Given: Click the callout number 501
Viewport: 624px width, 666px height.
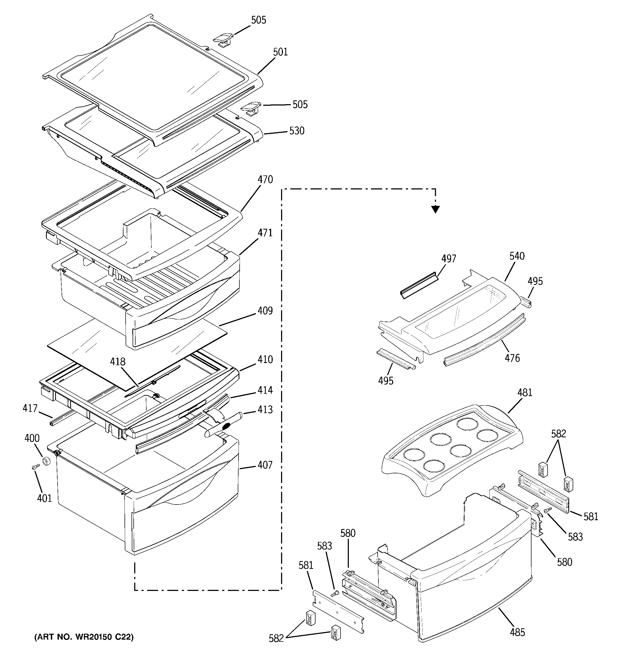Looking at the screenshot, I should tap(280, 52).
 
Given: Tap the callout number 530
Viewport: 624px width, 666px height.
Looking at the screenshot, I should tap(297, 131).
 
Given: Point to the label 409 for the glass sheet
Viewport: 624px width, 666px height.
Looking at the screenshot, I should tap(265, 311).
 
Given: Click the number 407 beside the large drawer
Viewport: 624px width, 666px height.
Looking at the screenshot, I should tap(265, 465).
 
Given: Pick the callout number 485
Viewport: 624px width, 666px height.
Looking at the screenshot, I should tap(517, 633).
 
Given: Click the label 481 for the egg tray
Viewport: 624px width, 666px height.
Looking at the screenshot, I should tap(524, 392).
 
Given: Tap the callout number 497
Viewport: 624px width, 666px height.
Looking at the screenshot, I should tap(448, 259).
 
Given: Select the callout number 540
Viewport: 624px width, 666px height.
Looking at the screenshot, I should tap(517, 256).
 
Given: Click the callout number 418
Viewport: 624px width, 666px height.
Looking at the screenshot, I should tap(118, 362).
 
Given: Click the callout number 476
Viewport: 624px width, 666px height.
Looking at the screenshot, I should tap(512, 358).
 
